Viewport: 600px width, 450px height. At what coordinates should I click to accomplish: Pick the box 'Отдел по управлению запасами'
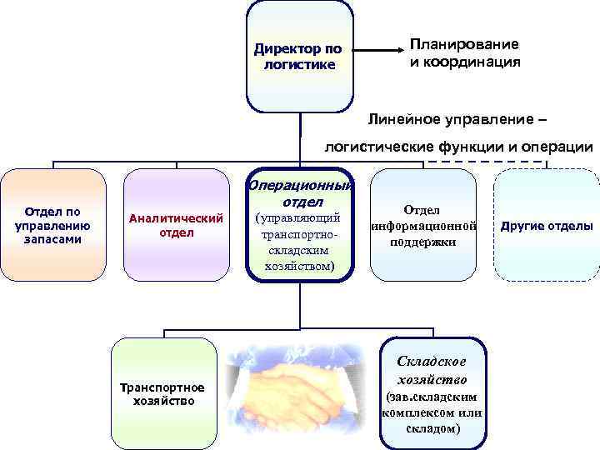click(53, 225)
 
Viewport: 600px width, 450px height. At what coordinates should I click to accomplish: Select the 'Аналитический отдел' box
click(176, 225)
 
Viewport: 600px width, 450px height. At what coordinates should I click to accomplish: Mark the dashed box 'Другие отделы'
click(547, 225)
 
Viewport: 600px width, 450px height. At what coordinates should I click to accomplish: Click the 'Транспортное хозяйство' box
click(163, 393)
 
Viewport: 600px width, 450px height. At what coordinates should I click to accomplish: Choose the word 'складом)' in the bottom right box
click(432, 428)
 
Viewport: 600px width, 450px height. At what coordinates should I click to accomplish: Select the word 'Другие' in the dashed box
click(522, 226)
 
